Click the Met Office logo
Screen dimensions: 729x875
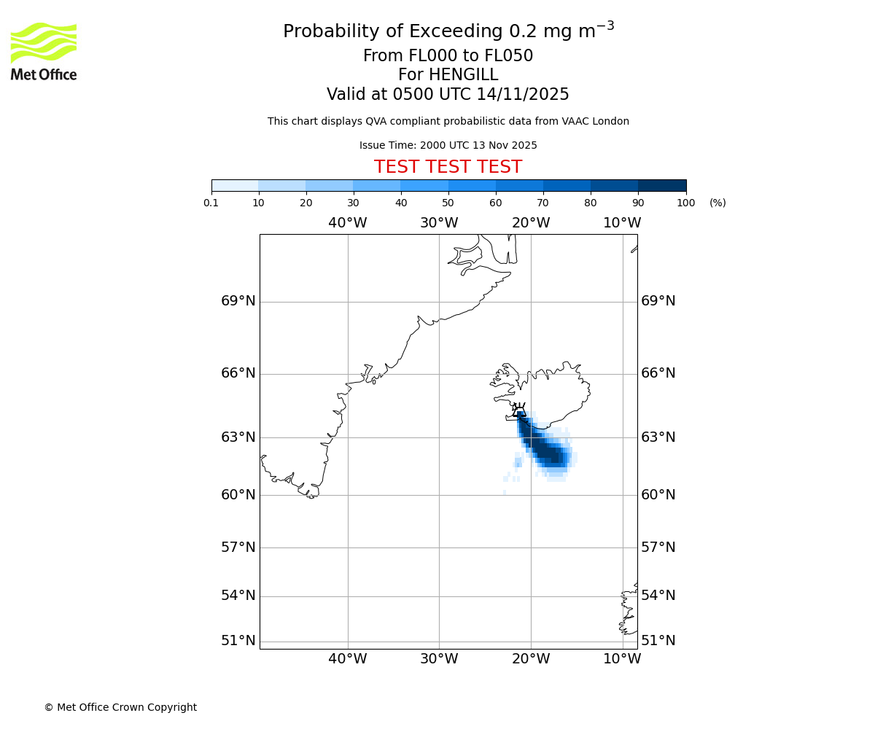pyautogui.click(x=44, y=51)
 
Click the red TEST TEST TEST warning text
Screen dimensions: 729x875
pyautogui.click(x=448, y=168)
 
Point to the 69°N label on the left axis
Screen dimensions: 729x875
pyautogui.click(x=238, y=301)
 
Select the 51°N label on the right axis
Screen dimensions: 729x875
pyautogui.click(x=658, y=641)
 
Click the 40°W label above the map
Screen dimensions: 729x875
pyautogui.click(x=347, y=223)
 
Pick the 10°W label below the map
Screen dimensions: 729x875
pyautogui.click(x=622, y=659)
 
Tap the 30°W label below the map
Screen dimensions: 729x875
pyautogui.click(x=439, y=659)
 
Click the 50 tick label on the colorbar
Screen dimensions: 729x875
pyautogui.click(x=448, y=203)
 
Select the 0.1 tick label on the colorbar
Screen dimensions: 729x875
pyautogui.click(x=211, y=203)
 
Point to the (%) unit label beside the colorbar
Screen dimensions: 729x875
pyautogui.click(x=717, y=203)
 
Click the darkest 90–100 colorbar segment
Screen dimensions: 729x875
pyautogui.click(x=662, y=185)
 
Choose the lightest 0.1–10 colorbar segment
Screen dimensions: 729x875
pyautogui.click(x=235, y=185)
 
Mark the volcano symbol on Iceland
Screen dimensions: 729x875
pyautogui.click(x=519, y=411)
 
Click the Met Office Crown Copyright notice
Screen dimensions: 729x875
pyautogui.click(x=120, y=707)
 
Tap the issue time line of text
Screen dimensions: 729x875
pyautogui.click(x=448, y=146)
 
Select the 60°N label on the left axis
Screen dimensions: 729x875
pyautogui.click(x=238, y=495)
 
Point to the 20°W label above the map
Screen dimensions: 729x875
pyautogui.click(x=530, y=223)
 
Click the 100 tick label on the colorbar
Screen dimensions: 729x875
pyautogui.click(x=685, y=203)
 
